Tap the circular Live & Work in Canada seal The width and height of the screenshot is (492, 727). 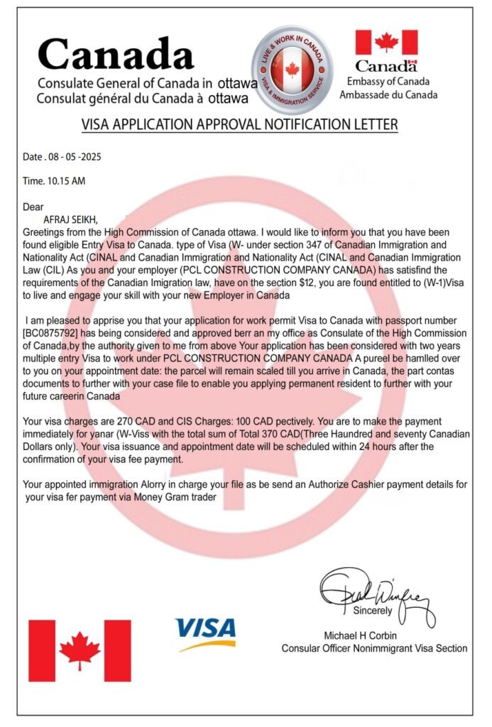pyautogui.click(x=292, y=69)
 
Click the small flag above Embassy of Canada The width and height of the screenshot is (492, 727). pyautogui.click(x=386, y=42)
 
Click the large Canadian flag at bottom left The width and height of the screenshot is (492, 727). pyautogui.click(x=79, y=650)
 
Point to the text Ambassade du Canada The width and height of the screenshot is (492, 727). pyautogui.click(x=388, y=94)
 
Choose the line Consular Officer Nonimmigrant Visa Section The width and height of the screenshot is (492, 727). pyautogui.click(x=374, y=647)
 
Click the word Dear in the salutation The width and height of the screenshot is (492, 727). pyautogui.click(x=33, y=207)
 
